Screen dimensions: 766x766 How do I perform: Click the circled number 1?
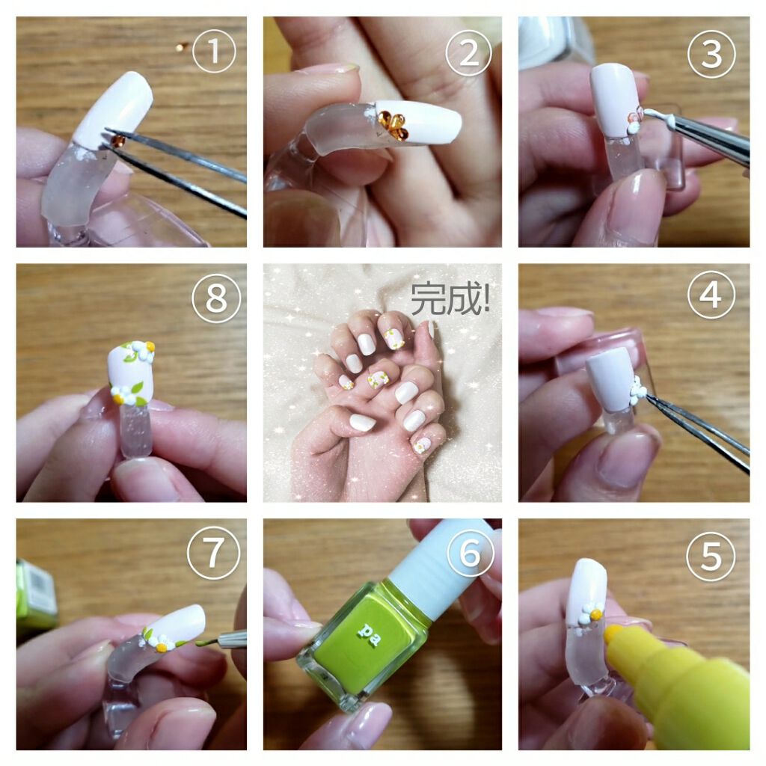tap(214, 51)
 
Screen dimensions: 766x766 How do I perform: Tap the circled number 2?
tap(468, 53)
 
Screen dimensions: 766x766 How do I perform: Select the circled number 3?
tap(711, 54)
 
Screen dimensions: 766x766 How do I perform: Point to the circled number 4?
tap(711, 295)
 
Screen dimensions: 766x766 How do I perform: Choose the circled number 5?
tap(711, 557)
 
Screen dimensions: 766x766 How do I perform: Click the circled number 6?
tap(471, 553)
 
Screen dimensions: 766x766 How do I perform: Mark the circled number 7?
tap(213, 553)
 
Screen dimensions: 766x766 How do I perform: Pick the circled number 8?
tap(216, 298)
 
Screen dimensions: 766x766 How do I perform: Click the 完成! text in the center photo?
tap(450, 298)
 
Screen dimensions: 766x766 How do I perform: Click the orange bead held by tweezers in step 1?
tap(118, 141)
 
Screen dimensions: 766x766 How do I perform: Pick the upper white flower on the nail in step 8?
tap(144, 350)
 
